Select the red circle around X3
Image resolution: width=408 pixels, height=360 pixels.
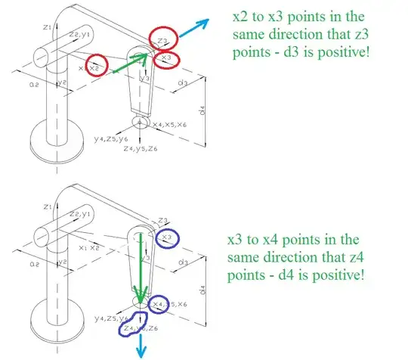pyautogui.click(x=166, y=57)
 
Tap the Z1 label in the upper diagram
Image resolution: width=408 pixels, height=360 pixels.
pyautogui.click(x=46, y=26)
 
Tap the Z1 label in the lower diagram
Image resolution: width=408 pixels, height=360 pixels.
pyautogui.click(x=46, y=206)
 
